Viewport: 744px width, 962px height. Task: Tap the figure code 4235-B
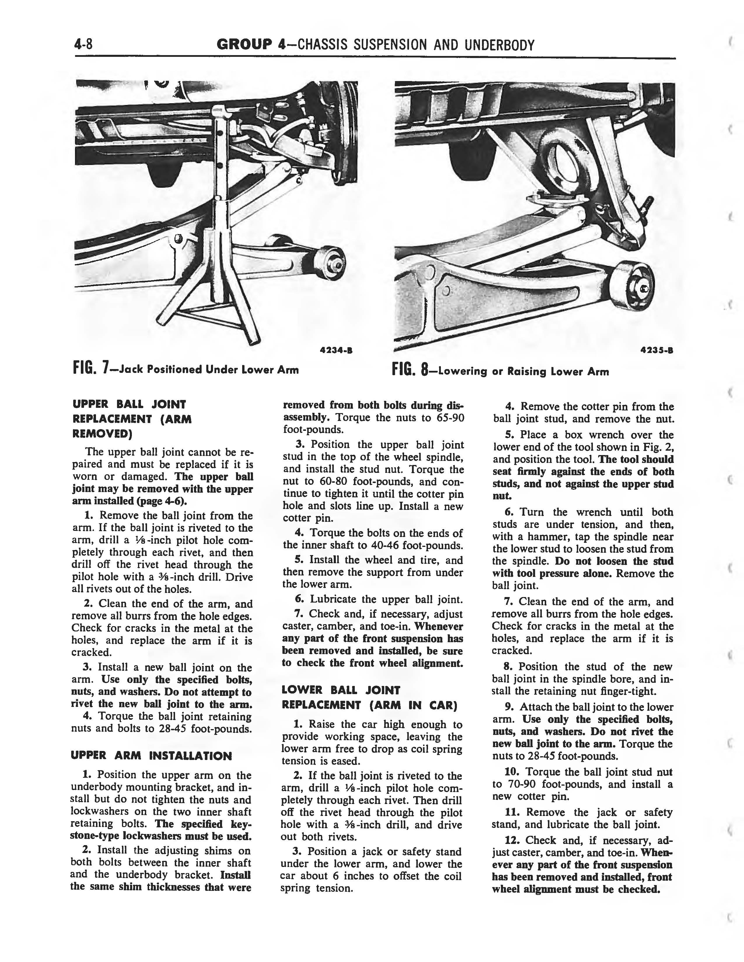click(x=657, y=351)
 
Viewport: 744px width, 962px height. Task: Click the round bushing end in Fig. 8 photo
click(x=635, y=286)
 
